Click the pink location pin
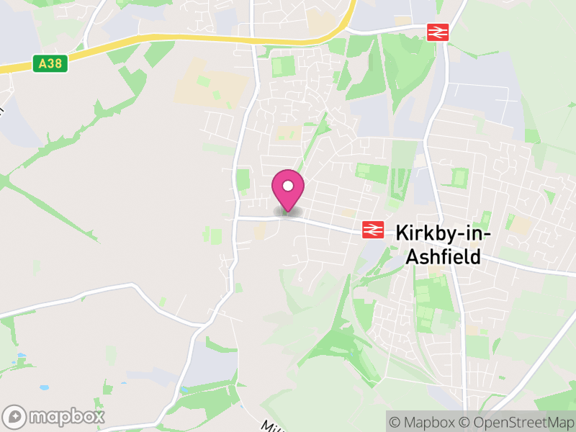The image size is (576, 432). (288, 190)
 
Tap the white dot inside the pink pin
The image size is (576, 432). (288, 186)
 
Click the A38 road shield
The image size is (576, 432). (50, 64)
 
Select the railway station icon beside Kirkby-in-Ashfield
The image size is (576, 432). (372, 229)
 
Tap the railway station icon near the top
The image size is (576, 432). (438, 32)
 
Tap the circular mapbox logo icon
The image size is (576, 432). (15, 417)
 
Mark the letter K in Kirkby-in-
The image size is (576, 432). (402, 233)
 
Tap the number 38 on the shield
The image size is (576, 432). (55, 64)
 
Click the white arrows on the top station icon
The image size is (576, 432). (438, 32)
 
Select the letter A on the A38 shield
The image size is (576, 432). (42, 64)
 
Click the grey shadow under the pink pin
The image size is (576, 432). (288, 213)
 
